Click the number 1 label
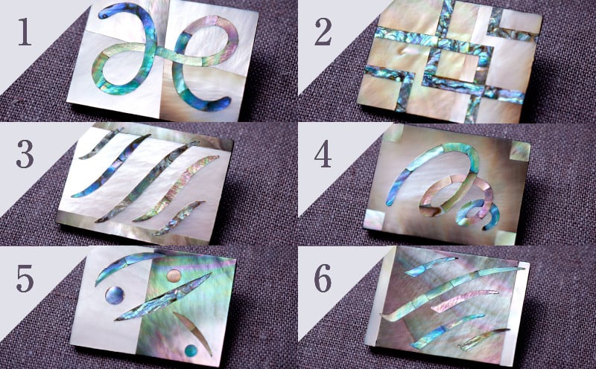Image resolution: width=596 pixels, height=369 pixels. pos(24,32)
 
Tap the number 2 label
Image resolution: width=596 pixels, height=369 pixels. pos(323,32)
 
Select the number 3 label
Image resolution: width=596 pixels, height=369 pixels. pos(25,155)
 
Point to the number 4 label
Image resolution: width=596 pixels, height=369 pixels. pos(323,155)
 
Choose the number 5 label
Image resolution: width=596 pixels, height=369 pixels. pos(25,279)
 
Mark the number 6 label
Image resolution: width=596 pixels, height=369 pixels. pos(323,279)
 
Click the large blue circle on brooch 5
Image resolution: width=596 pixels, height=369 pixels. pos(115,295)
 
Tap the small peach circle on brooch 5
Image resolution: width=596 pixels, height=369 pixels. pos(174,275)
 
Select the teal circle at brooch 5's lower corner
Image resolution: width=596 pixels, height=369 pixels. pos(191,350)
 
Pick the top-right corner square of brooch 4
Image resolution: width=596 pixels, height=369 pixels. pos(519,151)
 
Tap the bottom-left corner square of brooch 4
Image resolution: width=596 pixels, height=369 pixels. pos(375,219)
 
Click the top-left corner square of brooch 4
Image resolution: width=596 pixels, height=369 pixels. pos(393,133)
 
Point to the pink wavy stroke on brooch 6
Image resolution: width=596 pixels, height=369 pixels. pos(464,300)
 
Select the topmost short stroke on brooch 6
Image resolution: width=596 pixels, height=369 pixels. pos(430,266)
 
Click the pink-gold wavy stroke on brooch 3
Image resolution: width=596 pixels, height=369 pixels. pos(177,188)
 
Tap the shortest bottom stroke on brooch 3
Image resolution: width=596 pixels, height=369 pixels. pos(179,218)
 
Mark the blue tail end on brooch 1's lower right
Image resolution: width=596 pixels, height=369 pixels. pos(225,102)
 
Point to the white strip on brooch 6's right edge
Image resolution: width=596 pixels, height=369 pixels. pos(515,313)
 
